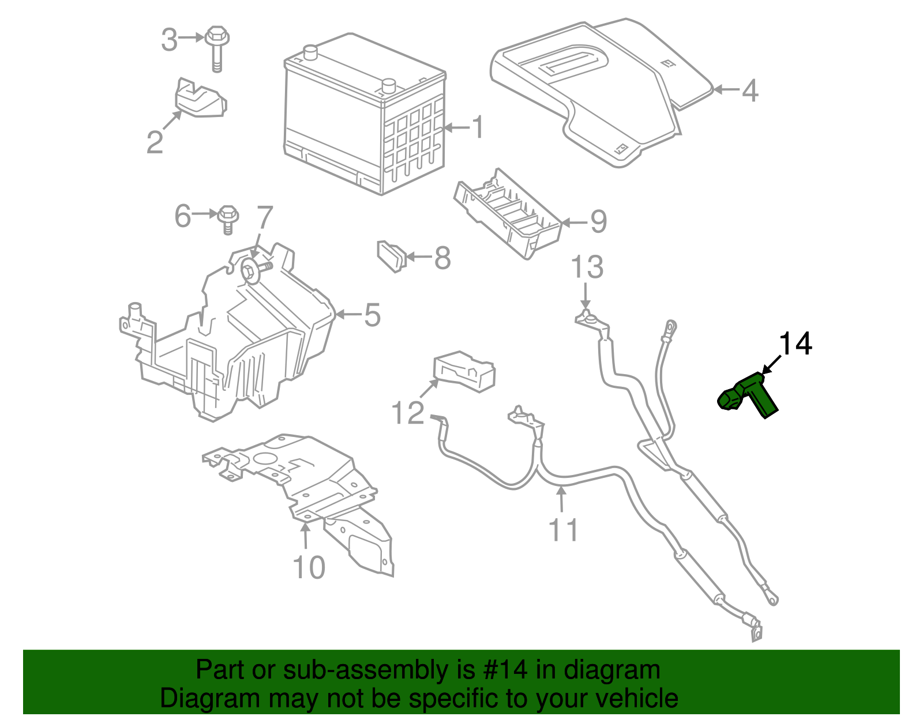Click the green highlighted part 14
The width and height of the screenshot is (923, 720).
click(x=750, y=395)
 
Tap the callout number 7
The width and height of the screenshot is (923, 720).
click(x=264, y=218)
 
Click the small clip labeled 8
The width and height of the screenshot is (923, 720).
click(x=391, y=256)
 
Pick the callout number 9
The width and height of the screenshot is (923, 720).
click(x=598, y=221)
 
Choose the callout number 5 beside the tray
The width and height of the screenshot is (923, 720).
click(x=372, y=315)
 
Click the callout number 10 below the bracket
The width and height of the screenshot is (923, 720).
click(x=309, y=568)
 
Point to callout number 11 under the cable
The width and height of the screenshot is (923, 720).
click(x=562, y=530)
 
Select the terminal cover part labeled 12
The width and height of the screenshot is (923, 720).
click(x=464, y=371)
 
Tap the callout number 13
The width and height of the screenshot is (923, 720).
click(x=587, y=267)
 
